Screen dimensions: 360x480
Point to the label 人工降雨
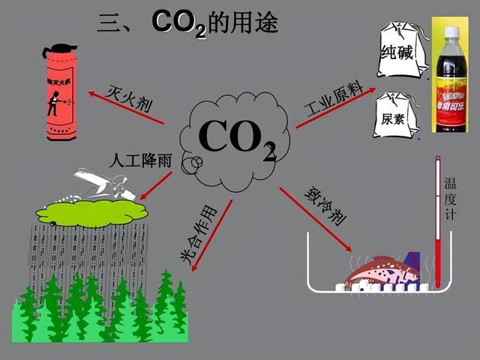138,160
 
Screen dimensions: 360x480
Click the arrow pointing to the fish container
315,217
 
